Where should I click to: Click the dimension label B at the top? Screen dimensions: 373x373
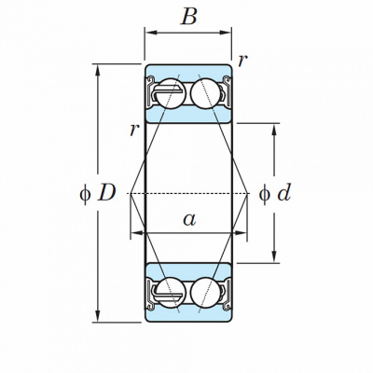(188, 16)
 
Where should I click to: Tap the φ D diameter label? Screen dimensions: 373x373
(98, 193)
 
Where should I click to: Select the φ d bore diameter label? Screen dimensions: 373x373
(275, 193)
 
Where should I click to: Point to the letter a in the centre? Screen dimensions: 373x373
(189, 219)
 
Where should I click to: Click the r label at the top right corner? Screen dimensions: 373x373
(242, 61)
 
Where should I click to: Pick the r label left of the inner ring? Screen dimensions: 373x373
(134, 130)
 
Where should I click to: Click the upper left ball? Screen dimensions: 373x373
(171, 93)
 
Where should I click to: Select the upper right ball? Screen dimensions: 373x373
(205, 93)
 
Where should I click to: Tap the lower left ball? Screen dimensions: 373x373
(171, 292)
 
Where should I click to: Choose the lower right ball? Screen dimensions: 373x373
(205, 292)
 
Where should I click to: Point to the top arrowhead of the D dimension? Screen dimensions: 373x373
(98, 71)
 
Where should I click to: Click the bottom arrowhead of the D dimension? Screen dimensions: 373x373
(98, 316)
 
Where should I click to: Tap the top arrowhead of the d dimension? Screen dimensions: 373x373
(274, 130)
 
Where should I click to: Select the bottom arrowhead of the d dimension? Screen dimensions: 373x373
(274, 256)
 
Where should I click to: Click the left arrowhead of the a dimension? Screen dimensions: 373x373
(137, 232)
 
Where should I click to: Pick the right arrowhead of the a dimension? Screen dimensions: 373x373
(241, 232)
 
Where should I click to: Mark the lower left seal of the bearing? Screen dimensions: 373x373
(151, 295)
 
